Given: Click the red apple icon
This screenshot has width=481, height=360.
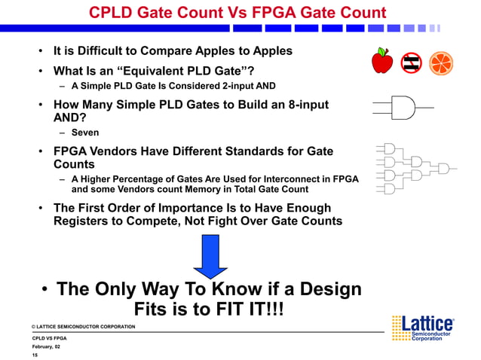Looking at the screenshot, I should pos(382,62).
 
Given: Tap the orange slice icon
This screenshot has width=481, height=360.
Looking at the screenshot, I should pos(441,63).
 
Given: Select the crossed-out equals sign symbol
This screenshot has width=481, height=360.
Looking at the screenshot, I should pos(412,63).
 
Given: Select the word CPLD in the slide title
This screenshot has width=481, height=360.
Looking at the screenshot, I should pos(114,13).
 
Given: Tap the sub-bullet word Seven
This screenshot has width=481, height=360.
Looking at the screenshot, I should pos(85,133).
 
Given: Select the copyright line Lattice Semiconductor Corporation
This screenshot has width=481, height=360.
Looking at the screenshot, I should pos(84,326).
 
